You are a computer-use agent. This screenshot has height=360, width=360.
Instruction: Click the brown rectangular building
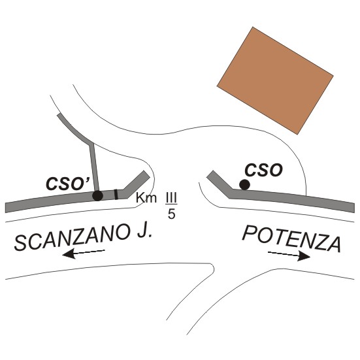pos(275,80)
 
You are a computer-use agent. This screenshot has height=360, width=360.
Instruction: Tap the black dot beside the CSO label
pos(244,185)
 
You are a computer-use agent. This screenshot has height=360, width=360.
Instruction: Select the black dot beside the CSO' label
pos(97,195)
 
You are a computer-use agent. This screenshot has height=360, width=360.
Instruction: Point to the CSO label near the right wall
pos(263,170)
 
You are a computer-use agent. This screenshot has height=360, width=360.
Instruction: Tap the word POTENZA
pos(291,238)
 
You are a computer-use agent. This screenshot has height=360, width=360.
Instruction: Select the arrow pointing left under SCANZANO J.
pos(84,254)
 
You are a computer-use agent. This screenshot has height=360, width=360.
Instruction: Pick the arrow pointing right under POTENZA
pos(289,255)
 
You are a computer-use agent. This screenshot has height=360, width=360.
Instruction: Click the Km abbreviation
pos(146,198)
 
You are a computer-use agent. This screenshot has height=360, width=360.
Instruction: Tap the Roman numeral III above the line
pos(171,198)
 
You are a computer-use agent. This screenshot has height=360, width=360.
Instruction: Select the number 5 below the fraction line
pos(171,214)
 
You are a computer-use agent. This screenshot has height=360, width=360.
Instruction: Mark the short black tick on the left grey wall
pos(116,194)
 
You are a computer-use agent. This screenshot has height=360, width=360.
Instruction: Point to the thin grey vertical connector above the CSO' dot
pos(94,168)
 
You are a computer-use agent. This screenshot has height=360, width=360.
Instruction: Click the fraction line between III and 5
pos(171,204)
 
